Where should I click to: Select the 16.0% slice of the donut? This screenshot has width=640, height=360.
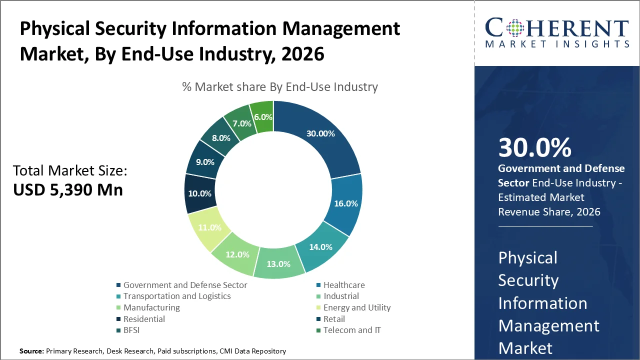345,204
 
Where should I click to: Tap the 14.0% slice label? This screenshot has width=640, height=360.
320,247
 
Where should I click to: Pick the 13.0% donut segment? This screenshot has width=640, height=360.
278,264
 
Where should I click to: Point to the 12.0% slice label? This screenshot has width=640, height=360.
237,254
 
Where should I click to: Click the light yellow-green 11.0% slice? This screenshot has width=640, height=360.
209,227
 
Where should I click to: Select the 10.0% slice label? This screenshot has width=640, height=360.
199,193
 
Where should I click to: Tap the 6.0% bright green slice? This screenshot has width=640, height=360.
263,117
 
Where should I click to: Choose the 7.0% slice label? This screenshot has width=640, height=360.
241,123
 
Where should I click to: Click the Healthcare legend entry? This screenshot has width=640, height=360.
343,285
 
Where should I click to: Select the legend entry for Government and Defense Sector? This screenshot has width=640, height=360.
185,285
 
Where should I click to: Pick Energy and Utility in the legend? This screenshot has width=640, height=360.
356,307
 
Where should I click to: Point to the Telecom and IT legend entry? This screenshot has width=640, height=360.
352,330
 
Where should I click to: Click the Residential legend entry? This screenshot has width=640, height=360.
144,319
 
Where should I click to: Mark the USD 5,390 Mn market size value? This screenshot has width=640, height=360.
68,190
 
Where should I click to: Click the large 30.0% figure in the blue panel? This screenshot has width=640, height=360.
534,148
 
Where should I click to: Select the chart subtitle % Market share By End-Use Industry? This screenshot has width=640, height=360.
280,87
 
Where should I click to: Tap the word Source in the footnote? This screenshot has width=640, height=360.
31,351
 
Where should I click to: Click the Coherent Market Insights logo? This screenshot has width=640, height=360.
557,32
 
